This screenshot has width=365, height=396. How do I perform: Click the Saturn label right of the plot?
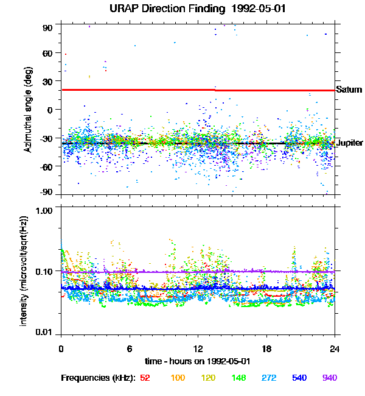click(349, 90)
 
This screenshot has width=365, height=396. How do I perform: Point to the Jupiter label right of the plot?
click(350, 143)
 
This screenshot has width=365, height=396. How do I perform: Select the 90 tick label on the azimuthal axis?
click(48, 28)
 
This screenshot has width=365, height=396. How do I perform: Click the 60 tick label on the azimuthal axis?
click(48, 53)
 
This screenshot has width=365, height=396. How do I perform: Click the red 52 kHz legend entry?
click(145, 378)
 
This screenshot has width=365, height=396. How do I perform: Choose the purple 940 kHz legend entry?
click(328, 378)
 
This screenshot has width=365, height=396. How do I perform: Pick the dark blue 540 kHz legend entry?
click(298, 378)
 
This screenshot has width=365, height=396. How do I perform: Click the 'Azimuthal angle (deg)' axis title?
click(28, 110)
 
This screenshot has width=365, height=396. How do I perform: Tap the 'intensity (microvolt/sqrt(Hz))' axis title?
click(25, 270)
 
